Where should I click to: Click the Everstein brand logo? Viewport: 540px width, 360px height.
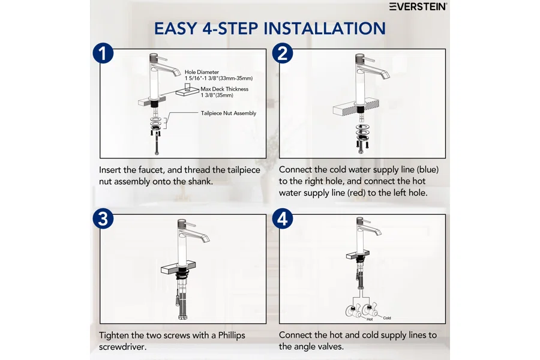coord(418,7)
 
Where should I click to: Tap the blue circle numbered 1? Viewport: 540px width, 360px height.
coord(103,53)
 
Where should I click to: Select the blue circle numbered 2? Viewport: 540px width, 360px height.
coord(283,53)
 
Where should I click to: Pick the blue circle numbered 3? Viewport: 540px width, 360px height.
coord(103,219)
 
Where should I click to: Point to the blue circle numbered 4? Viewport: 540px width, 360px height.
coord(283,219)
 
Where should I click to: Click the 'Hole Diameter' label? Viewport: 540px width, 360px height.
coord(202,72)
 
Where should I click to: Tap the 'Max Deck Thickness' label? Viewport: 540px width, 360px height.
coord(224,89)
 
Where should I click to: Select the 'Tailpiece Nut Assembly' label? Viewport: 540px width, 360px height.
coord(229,113)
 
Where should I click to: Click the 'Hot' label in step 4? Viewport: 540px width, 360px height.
coord(370,319)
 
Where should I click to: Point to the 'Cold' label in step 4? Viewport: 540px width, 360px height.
coord(387,318)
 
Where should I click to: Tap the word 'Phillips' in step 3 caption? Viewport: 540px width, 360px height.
coord(232,335)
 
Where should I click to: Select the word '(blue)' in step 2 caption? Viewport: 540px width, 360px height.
coord(427,169)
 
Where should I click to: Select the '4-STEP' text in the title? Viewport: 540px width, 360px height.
coord(231,28)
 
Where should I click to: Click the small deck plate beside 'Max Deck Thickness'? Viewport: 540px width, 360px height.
coord(188,91)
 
